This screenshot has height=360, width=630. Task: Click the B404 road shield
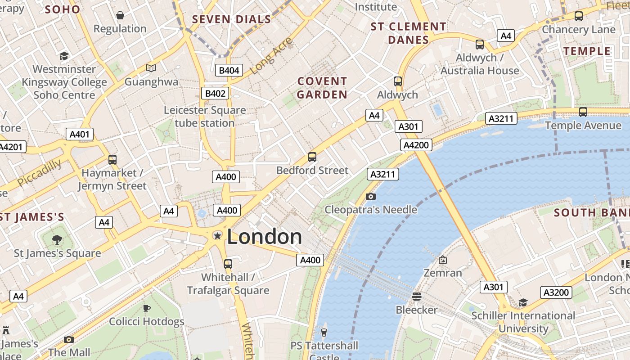229,70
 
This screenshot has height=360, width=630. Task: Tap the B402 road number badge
215,93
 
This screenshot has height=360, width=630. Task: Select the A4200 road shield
416,145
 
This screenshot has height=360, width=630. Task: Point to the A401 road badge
80,134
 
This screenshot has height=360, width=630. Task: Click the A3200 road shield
556,292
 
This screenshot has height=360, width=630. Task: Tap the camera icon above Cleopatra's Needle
371,196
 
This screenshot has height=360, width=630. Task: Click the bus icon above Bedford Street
312,157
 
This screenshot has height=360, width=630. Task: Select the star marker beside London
217,236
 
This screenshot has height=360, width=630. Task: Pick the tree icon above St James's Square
57,239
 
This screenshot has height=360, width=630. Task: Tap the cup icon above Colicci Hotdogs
146,308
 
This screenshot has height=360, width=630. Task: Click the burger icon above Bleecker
417,296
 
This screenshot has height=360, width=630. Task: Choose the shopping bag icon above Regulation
120,15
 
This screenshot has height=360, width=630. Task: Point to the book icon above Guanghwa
151,68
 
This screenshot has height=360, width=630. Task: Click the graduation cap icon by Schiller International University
523,302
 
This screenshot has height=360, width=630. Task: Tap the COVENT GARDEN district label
322,88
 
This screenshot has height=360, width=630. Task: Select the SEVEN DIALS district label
232,19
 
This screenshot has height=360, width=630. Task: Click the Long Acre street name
271,56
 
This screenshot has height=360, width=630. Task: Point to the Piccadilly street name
40,172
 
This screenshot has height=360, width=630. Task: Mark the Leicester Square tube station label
205,117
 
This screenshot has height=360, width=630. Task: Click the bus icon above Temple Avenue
583,112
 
